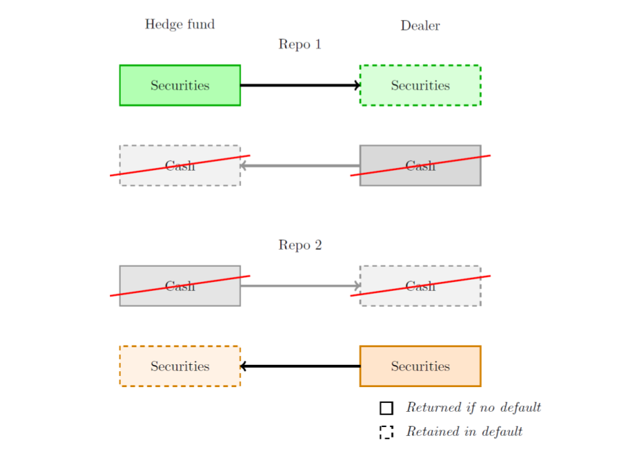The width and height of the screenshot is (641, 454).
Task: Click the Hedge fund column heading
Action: pos(180,24)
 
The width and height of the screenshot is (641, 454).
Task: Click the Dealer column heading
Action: pos(420,25)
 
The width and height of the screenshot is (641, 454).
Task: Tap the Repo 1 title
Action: pos(300,44)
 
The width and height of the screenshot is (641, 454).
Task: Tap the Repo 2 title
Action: pos(300,245)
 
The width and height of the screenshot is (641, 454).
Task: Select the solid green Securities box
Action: pos(180,85)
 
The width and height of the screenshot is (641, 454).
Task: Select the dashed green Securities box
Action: pos(420,85)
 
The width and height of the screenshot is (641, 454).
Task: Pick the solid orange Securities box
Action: pos(420,366)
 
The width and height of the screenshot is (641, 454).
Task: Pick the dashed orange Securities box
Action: pos(180,366)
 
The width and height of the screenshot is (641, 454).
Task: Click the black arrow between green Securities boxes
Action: pos(300,85)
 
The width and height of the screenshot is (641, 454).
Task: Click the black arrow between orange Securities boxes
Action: pos(300,366)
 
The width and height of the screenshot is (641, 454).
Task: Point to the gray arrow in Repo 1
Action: pos(300,165)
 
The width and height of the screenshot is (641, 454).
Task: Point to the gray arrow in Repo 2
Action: pos(300,286)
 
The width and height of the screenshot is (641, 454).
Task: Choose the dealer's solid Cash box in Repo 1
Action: pos(420,165)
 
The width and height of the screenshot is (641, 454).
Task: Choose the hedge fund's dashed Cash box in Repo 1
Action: pos(180,165)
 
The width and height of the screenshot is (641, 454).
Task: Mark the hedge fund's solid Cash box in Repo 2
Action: pos(180,286)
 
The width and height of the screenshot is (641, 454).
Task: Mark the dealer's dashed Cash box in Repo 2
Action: pos(420,286)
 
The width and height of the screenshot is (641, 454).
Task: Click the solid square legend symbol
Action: pos(386,408)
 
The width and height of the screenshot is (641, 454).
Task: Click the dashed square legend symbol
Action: pos(386,432)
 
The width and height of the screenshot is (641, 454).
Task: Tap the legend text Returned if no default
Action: pos(473,407)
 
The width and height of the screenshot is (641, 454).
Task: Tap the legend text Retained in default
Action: pos(464,432)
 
